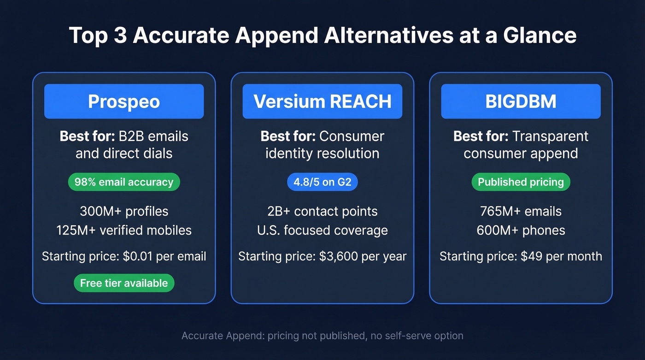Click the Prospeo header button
point(124,101)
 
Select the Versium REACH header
point(322,101)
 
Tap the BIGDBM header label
point(521,101)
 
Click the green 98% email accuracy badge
point(124,182)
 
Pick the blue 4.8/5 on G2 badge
point(322,182)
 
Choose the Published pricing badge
point(521,182)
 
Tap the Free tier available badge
point(124,283)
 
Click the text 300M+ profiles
point(124,212)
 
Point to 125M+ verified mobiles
point(124,230)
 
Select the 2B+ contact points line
point(322,212)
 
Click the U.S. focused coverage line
point(322,230)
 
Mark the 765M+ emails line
point(521,212)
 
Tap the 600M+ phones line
point(521,230)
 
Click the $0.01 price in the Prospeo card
point(138,256)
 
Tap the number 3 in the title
point(119,36)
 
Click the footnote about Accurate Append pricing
point(322,336)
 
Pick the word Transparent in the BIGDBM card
point(550,136)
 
